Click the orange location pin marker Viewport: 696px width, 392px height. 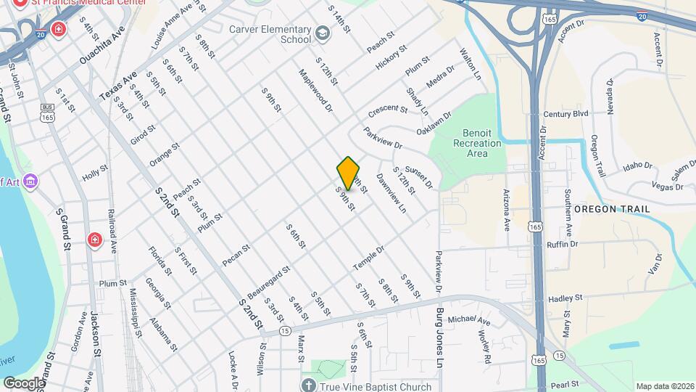click(x=349, y=173)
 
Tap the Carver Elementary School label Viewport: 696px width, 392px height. click(x=270, y=34)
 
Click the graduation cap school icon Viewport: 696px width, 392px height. click(x=323, y=33)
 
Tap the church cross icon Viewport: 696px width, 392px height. click(x=307, y=385)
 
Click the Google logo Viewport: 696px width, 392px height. click(x=23, y=383)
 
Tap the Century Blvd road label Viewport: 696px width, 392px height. click(x=565, y=115)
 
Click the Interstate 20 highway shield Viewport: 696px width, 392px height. click(x=642, y=15)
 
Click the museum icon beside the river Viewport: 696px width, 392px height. click(x=30, y=181)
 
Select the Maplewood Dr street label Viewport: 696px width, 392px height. click(x=315, y=90)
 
